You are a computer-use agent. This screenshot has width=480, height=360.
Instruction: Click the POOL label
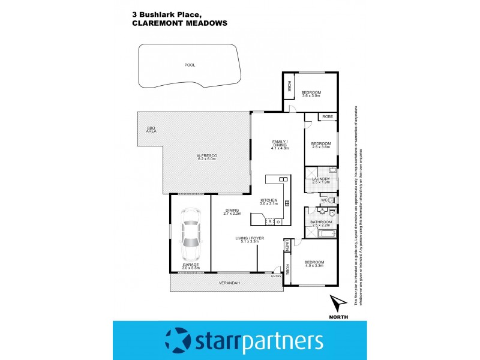coord(190,65)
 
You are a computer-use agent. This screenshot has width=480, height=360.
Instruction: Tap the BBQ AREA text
coord(151,130)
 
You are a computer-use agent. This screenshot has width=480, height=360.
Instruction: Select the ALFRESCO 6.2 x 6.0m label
coord(206,158)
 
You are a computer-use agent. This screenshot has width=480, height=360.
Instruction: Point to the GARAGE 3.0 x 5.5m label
coord(190,266)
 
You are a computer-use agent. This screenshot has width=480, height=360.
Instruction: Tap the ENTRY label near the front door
coord(275,276)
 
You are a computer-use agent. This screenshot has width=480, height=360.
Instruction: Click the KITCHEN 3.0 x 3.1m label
coord(269,202)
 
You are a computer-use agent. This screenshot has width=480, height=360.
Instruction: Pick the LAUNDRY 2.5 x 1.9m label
coord(321,180)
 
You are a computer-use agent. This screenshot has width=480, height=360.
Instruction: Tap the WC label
coord(323,199)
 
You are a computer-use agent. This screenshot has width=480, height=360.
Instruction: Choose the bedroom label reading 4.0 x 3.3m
coord(314,264)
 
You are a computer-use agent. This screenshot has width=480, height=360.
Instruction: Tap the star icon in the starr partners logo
coord(178,340)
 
